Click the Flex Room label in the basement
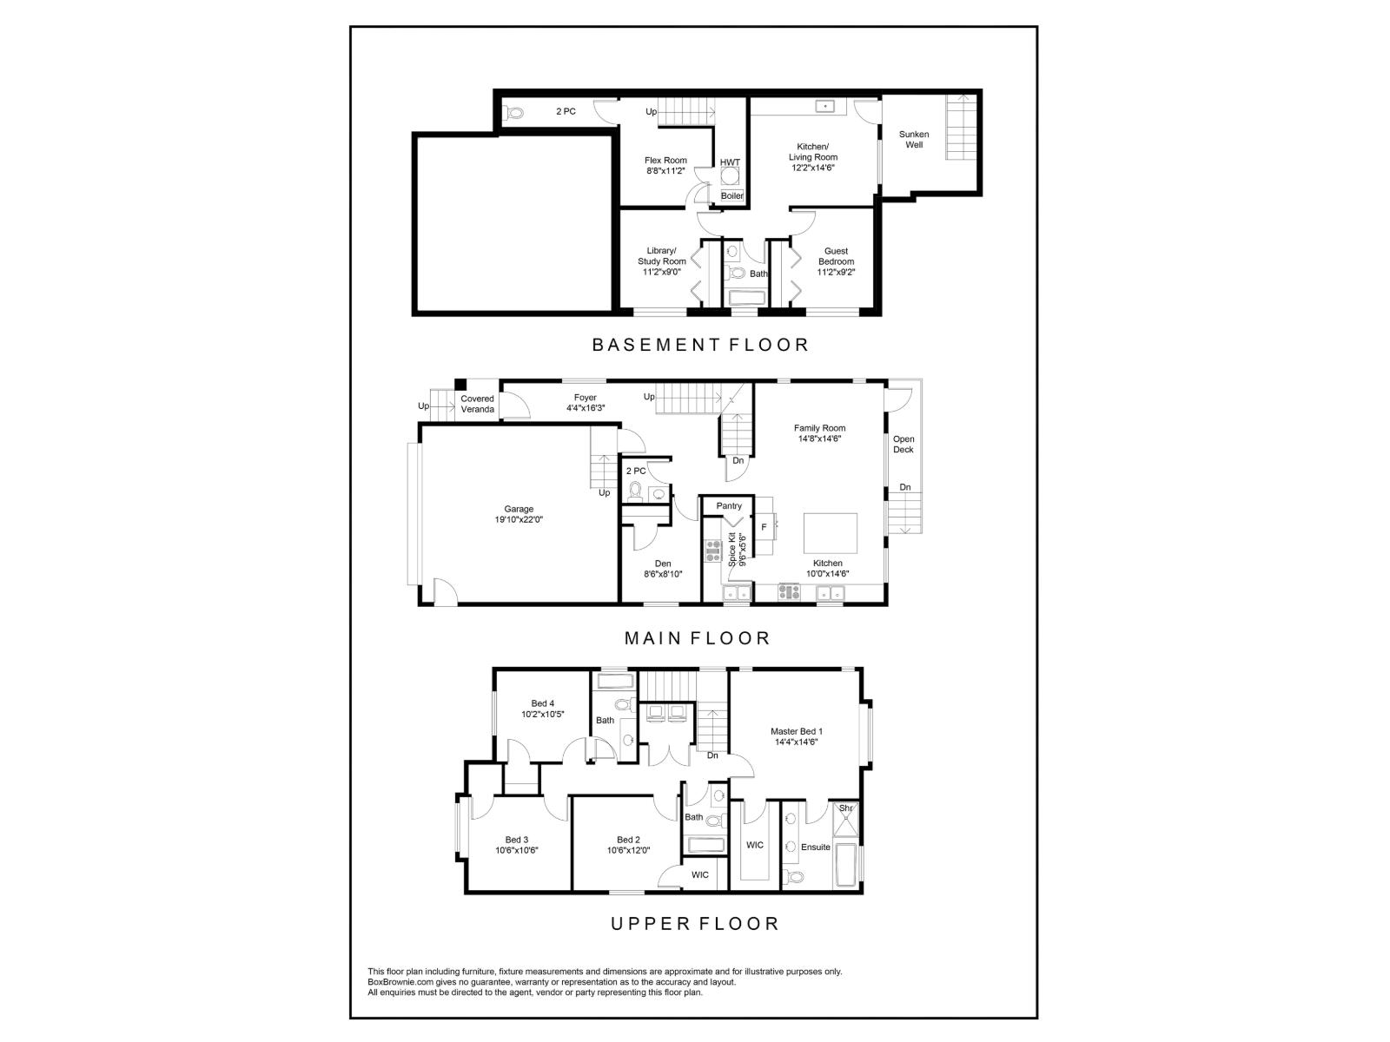pyautogui.click(x=665, y=161)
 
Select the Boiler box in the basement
pyautogui.click(x=732, y=196)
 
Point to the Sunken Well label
pyautogui.click(x=914, y=139)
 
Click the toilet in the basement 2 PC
pyautogui.click(x=514, y=112)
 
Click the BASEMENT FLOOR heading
pyautogui.click(x=700, y=345)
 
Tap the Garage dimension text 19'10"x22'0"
pyautogui.click(x=519, y=519)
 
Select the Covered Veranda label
pyautogui.click(x=477, y=404)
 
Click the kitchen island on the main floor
pyautogui.click(x=830, y=533)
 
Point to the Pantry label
pyautogui.click(x=729, y=505)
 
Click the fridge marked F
pyautogui.click(x=764, y=526)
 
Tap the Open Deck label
pyautogui.click(x=903, y=445)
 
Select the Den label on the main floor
pyautogui.click(x=663, y=564)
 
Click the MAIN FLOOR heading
pyautogui.click(x=698, y=638)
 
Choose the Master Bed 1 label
pyautogui.click(x=797, y=731)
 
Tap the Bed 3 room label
pyautogui.click(x=517, y=840)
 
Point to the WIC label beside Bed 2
pyautogui.click(x=700, y=874)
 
